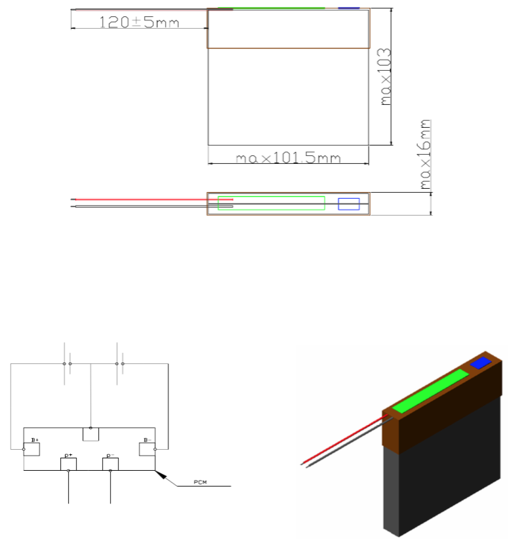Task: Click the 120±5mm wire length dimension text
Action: [139, 22]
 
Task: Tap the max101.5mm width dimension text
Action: [288, 158]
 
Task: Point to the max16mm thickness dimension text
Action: [425, 154]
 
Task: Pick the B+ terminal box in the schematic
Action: [31, 449]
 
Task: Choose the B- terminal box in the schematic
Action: [147, 449]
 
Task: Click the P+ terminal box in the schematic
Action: [68, 464]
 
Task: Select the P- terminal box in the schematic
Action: [110, 464]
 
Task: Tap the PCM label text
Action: [200, 483]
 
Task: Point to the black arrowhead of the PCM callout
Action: [161, 475]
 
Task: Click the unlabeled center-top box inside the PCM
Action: [91, 434]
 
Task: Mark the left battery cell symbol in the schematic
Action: [67, 364]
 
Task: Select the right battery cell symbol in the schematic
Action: [119, 364]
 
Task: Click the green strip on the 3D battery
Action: [430, 391]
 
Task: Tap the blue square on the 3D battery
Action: [481, 363]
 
